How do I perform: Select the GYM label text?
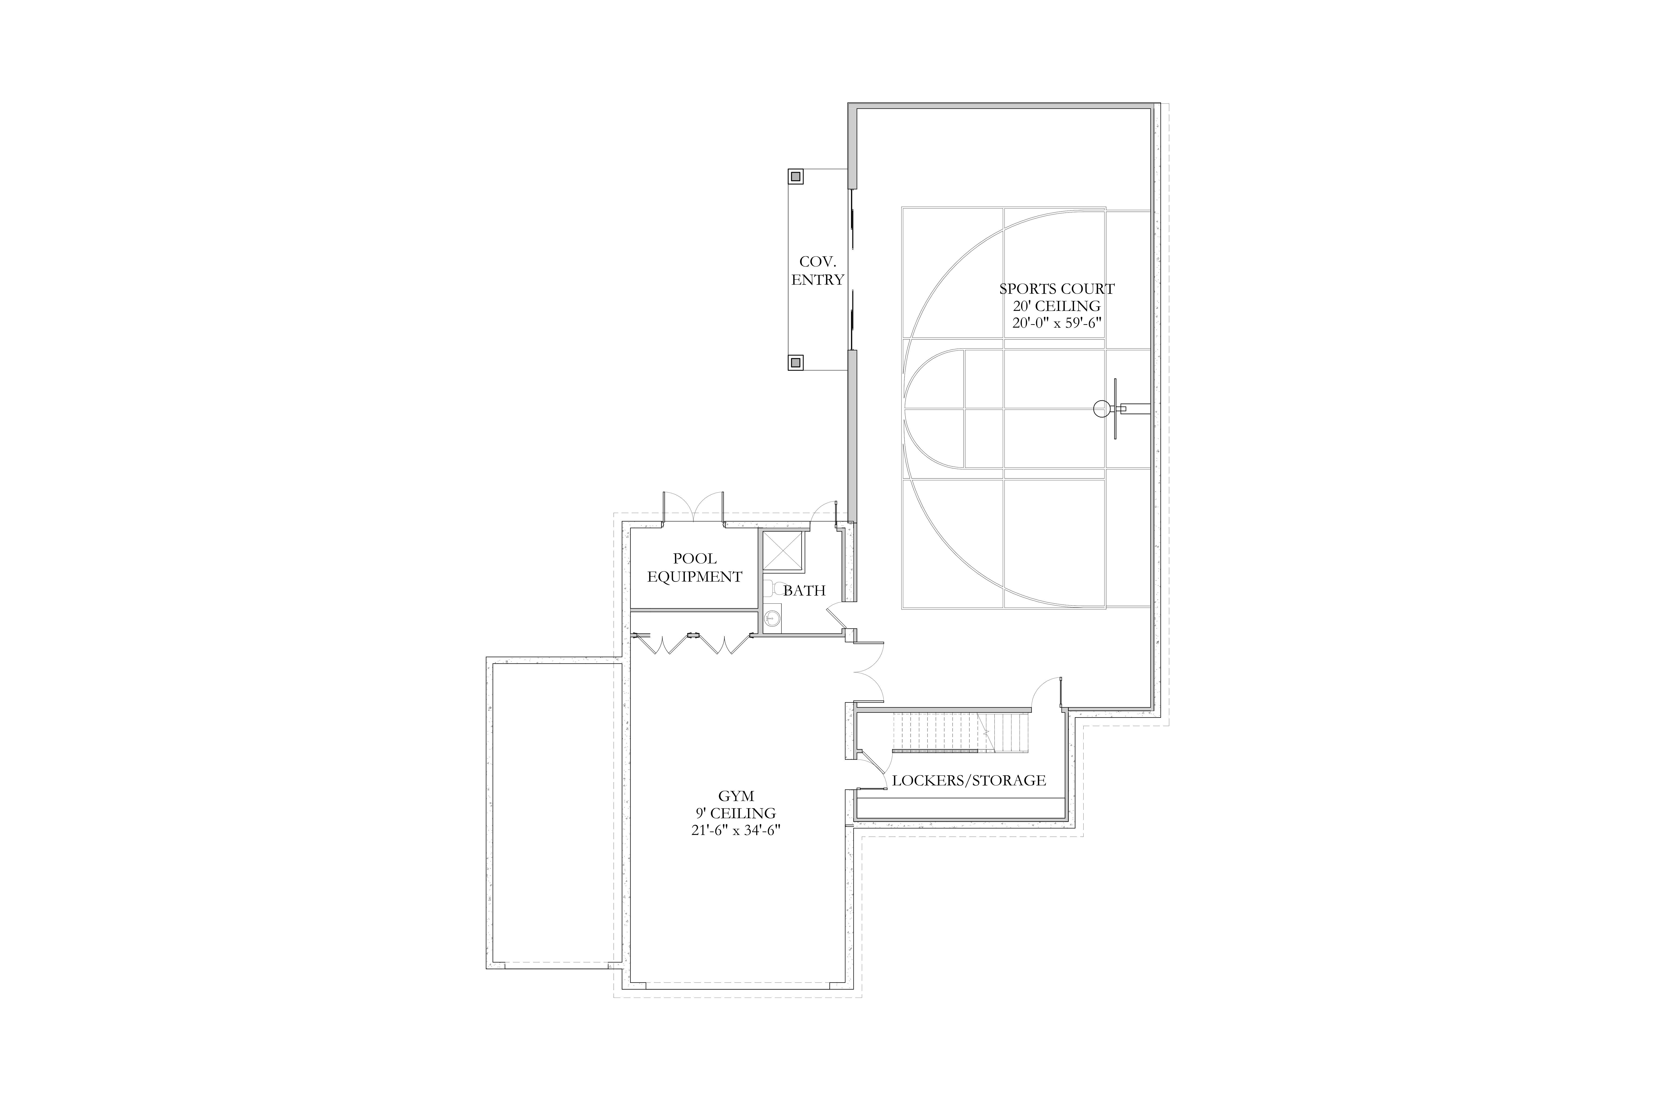736,796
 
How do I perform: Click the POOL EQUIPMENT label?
695,568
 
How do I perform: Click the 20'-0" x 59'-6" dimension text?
1057,323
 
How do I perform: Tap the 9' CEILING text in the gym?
736,813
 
